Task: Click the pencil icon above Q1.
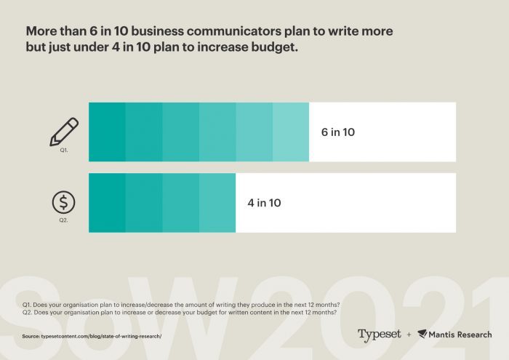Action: pos(63,131)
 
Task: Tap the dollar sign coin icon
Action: pos(63,201)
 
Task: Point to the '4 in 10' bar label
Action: pos(264,203)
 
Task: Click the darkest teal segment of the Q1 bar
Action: pos(107,132)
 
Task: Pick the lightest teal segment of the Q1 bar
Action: pos(291,132)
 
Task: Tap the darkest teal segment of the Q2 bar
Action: pos(107,203)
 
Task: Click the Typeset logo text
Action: pos(379,335)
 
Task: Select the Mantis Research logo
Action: pos(454,335)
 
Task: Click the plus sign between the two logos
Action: pos(409,335)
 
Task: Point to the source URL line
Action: pos(91,336)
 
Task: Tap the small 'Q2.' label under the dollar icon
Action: pos(63,220)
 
